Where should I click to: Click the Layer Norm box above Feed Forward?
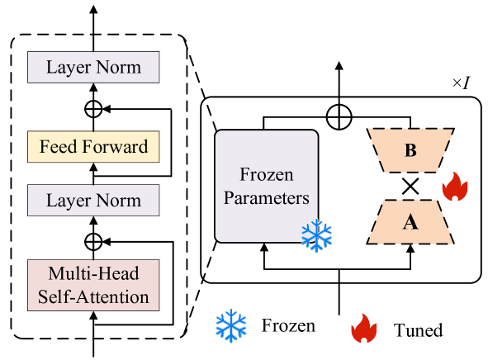pyautogui.click(x=93, y=67)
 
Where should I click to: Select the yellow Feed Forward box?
pyautogui.click(x=93, y=147)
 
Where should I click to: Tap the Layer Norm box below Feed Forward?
pyautogui.click(x=93, y=200)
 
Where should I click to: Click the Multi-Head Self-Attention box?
pyautogui.click(x=93, y=285)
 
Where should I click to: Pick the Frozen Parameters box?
pyautogui.click(x=266, y=186)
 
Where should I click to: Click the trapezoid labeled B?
pyautogui.click(x=410, y=150)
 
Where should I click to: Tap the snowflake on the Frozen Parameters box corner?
pyautogui.click(x=316, y=236)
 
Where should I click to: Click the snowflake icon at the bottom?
pyautogui.click(x=231, y=325)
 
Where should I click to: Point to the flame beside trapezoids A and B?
pyautogui.click(x=454, y=187)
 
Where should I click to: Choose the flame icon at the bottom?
pyautogui.click(x=363, y=329)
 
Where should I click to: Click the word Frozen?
pyautogui.click(x=266, y=175)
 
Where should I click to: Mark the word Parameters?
pyautogui.click(x=266, y=198)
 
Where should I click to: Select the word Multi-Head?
pyautogui.click(x=93, y=274)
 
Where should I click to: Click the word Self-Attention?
pyautogui.click(x=93, y=296)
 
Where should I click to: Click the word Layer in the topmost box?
pyautogui.click(x=67, y=67)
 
